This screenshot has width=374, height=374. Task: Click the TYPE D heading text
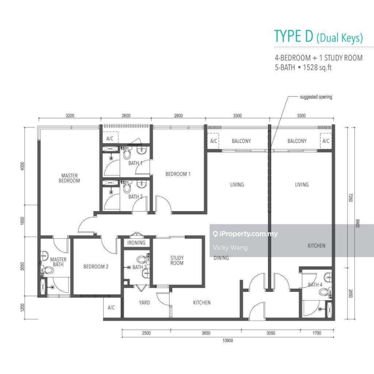tap(294, 36)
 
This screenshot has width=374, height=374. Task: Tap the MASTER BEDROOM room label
tap(69, 178)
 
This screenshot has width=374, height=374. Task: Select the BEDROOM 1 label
tap(178, 174)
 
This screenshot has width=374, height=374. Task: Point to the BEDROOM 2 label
tap(96, 266)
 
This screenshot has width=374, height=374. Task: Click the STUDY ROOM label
tap(177, 260)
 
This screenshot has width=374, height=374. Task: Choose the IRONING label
tap(136, 243)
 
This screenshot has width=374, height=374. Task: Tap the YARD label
tap(145, 302)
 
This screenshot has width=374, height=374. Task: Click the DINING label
tap(221, 258)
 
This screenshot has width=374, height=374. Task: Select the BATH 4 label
tap(315, 285)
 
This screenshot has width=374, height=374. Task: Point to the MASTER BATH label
tap(58, 262)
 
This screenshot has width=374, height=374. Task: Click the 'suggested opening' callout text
tap(316, 97)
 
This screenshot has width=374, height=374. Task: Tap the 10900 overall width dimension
tap(228, 340)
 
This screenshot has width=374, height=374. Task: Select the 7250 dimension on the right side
tap(350, 198)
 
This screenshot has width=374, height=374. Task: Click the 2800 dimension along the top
tap(178, 116)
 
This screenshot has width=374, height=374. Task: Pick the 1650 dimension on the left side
tap(22, 221)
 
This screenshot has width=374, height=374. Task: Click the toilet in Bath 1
tap(127, 153)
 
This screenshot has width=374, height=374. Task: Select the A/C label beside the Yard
tap(111, 308)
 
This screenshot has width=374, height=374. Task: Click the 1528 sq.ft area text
tap(317, 68)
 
